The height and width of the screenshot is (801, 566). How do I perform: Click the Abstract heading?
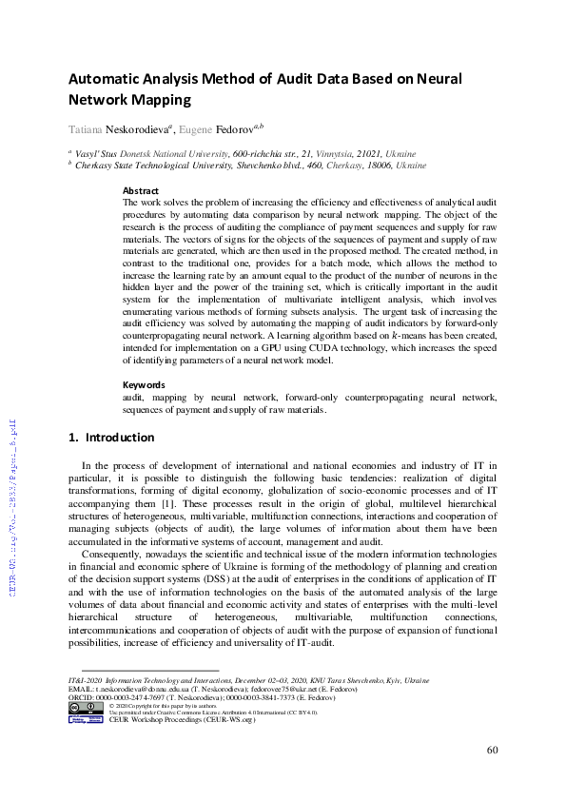tap(141, 191)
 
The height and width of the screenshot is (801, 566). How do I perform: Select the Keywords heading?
tap(145, 384)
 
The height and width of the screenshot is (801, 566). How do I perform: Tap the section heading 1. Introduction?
tap(112, 438)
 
